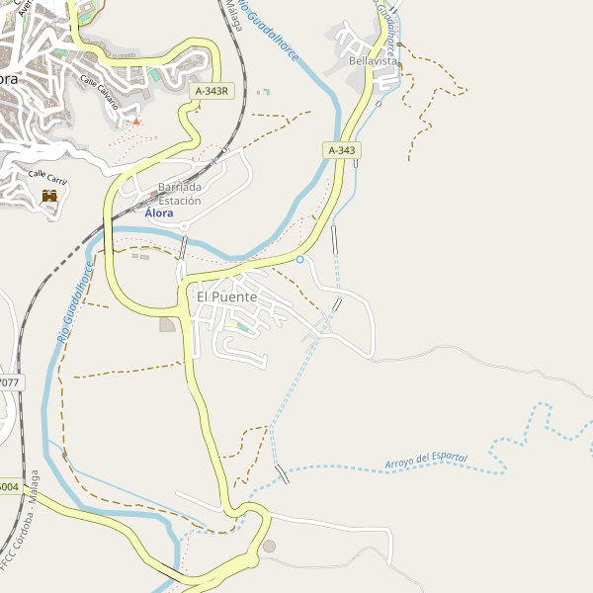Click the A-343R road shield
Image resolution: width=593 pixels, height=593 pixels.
point(211,91)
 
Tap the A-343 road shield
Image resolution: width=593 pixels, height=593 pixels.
point(340,150)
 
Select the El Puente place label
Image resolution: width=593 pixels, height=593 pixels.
point(226,296)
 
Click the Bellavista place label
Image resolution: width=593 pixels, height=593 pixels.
point(373,61)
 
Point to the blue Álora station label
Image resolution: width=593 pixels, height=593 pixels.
point(158,213)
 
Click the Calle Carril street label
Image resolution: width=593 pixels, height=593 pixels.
point(47,178)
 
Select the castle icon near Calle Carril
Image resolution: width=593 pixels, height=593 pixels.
point(49,196)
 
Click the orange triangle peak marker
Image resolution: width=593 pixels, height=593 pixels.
point(136,121)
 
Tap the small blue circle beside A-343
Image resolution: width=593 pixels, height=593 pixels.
point(299,259)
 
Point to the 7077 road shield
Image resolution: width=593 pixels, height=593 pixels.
point(10,381)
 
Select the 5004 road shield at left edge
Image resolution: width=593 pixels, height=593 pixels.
point(9,486)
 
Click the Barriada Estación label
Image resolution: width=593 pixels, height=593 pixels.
point(180,194)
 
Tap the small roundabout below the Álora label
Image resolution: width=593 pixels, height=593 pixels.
point(184,226)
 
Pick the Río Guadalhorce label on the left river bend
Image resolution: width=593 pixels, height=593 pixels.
point(75,302)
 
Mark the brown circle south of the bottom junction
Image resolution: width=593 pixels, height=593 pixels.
point(269,546)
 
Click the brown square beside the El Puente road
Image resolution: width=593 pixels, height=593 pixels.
point(166,324)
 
